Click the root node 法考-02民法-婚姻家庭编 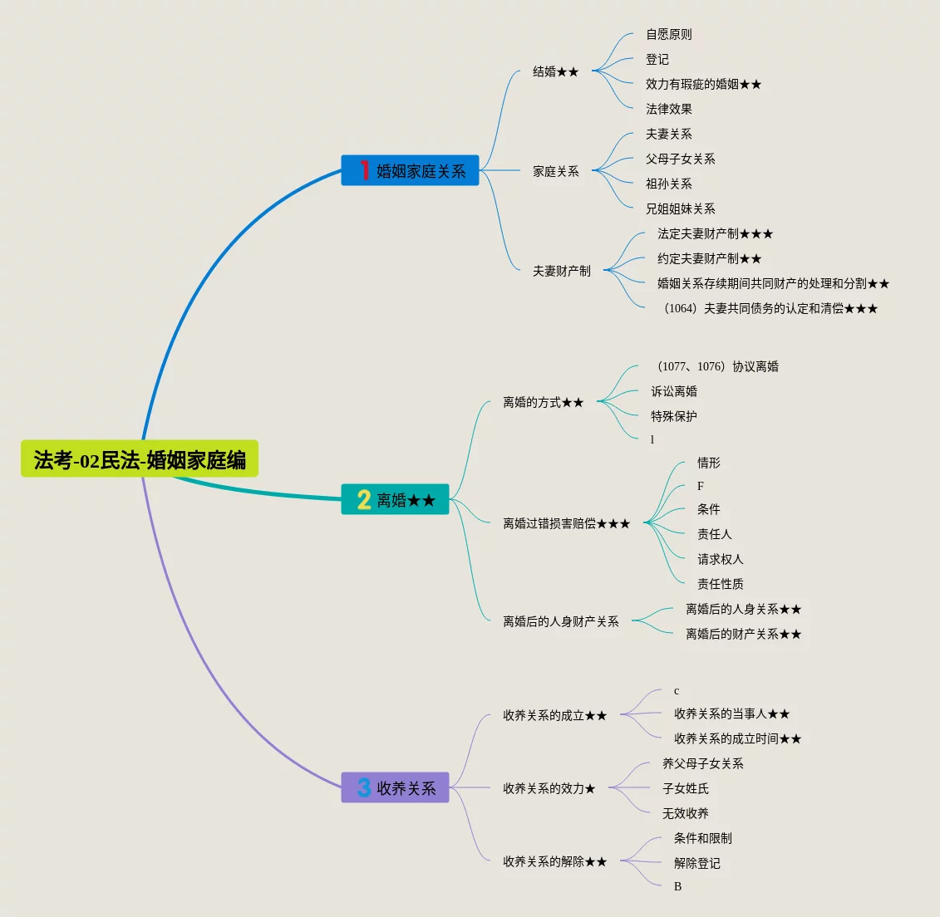click(x=140, y=459)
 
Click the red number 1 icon click(x=364, y=170)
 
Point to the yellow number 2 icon click(x=364, y=500)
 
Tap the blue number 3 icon click(x=364, y=787)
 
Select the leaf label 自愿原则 click(x=668, y=34)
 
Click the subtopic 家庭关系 click(x=555, y=171)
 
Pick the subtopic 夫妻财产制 click(x=561, y=271)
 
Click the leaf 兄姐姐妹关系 click(x=680, y=208)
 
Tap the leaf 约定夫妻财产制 click(x=709, y=258)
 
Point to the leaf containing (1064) click(x=770, y=308)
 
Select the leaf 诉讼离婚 click(x=673, y=391)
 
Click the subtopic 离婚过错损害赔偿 click(x=566, y=523)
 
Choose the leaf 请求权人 click(x=720, y=559)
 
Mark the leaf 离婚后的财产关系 click(x=743, y=634)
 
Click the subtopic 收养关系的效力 click(x=549, y=788)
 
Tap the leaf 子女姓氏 click(x=685, y=788)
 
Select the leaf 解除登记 click(x=696, y=863)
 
